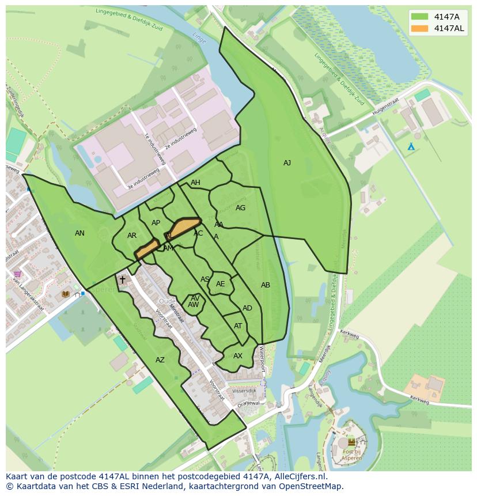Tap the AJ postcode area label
tap(287, 163)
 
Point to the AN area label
tap(79, 233)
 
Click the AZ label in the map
tap(160, 360)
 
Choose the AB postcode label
tap(266, 285)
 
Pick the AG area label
tap(241, 208)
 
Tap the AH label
tap(195, 183)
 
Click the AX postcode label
tap(238, 356)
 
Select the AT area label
tap(238, 326)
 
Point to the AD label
tap(247, 308)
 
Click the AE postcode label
tap(221, 284)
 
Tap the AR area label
tap(132, 236)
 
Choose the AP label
tap(156, 223)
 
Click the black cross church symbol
tap(122, 280)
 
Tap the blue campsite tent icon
tap(411, 147)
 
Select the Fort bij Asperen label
tap(351, 455)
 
